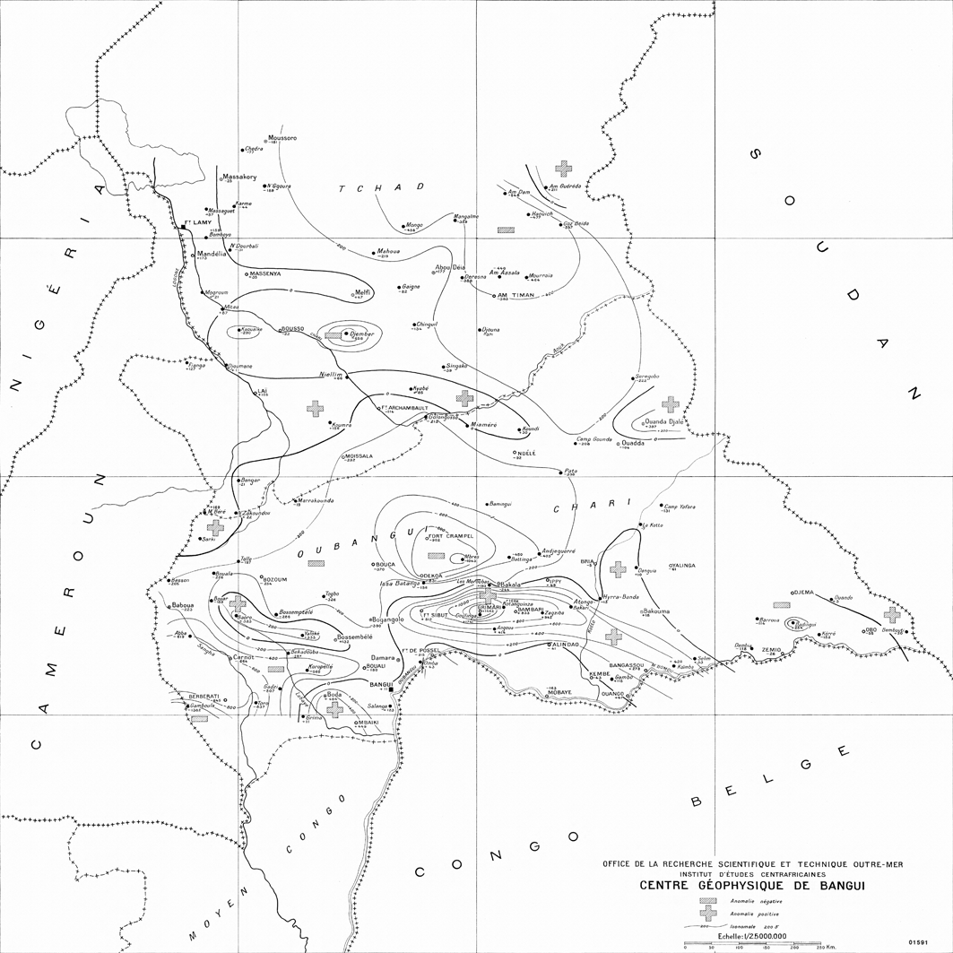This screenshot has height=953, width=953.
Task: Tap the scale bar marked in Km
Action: coord(752,943)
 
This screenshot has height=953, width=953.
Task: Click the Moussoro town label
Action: coord(282,138)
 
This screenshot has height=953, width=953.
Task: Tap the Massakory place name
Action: coord(240,177)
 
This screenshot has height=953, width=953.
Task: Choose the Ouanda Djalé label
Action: coord(665,420)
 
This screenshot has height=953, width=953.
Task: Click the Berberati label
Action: coord(204,696)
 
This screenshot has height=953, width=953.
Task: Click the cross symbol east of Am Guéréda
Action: coord(563,168)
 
